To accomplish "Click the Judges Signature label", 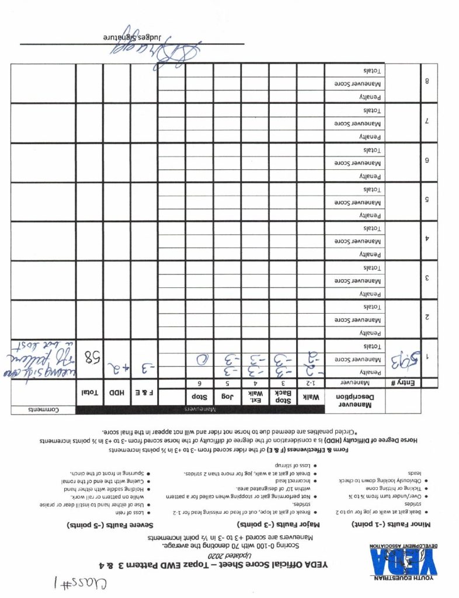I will [x=129, y=36].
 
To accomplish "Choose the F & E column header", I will [x=144, y=393].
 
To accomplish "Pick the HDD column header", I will [x=116, y=393].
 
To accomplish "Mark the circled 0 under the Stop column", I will [x=200, y=359].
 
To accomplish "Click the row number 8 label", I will [x=428, y=82].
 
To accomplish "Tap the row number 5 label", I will [x=428, y=200].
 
